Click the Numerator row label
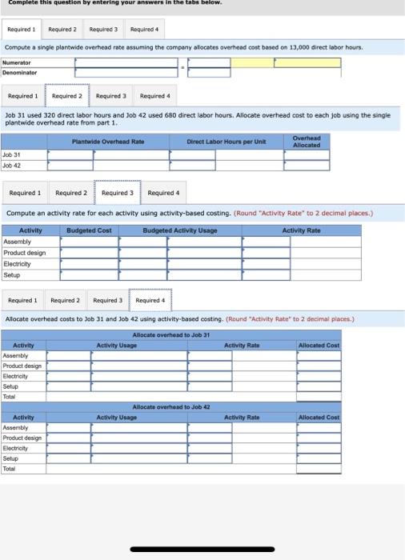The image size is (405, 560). (17, 62)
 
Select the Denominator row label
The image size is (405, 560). (18, 72)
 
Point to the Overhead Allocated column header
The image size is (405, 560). (307, 142)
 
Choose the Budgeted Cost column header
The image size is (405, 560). (89, 230)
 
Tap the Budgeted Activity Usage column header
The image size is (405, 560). (180, 230)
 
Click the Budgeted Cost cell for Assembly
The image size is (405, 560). (94, 242)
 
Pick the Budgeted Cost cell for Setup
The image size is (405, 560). (94, 274)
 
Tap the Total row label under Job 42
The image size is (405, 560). (10, 469)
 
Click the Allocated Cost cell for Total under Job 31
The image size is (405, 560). (318, 397)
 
